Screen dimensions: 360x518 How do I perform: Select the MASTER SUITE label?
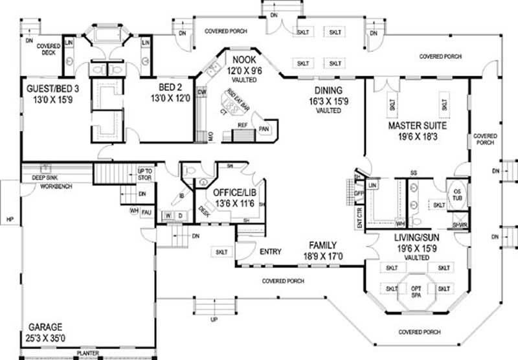(417, 124)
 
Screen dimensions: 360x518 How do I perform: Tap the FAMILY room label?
(322, 245)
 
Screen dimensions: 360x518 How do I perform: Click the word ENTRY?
(269, 251)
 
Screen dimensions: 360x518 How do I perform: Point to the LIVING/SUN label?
(417, 238)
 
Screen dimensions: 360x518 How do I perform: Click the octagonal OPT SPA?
(416, 289)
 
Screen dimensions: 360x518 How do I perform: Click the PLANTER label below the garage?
(87, 354)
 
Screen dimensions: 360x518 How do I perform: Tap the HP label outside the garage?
(9, 218)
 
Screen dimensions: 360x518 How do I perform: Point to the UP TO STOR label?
(145, 173)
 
